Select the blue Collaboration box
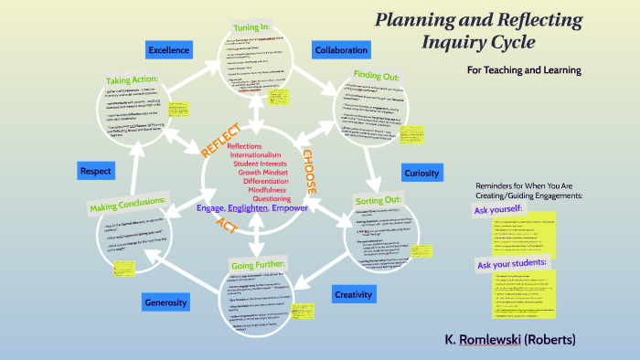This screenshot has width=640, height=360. click(340, 49)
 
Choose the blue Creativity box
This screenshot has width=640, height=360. click(352, 293)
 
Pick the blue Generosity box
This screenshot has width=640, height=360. click(165, 302)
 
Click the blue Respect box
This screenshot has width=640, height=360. click(95, 170)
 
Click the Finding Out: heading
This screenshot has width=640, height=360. click(375, 73)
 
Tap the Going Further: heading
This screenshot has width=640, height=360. click(259, 264)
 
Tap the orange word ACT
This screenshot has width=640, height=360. click(226, 225)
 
